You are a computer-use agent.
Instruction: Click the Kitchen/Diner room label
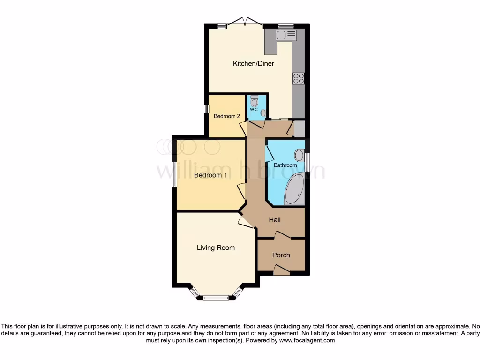[253, 63]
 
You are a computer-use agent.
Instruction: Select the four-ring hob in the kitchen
[298, 79]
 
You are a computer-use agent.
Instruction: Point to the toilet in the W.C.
[254, 101]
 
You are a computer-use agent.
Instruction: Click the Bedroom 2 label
[227, 116]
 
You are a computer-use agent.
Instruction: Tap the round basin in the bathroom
[299, 154]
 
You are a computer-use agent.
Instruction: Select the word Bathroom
[285, 165]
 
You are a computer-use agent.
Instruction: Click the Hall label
[275, 219]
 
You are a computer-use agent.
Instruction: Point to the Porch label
[281, 255]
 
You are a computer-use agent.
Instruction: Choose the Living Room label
[216, 247]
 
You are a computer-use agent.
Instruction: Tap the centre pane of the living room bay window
[216, 297]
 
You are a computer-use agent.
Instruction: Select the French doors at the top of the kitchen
[244, 22]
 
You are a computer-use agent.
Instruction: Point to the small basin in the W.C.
[263, 112]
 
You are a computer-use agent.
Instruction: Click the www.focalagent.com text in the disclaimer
[307, 340]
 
